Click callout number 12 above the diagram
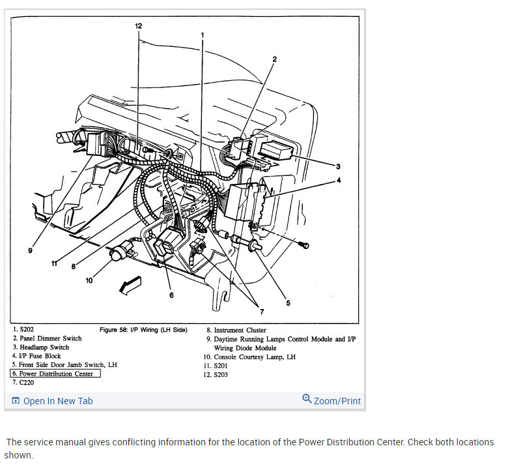point(138,25)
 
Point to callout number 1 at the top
point(203,35)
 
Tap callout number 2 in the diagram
point(274,59)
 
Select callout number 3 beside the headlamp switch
point(338,166)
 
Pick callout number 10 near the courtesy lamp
point(89,280)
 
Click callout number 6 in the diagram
point(171,295)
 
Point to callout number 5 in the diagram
point(287,303)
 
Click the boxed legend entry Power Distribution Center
point(55,374)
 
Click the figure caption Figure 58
point(143,330)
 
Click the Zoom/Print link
point(332,400)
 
